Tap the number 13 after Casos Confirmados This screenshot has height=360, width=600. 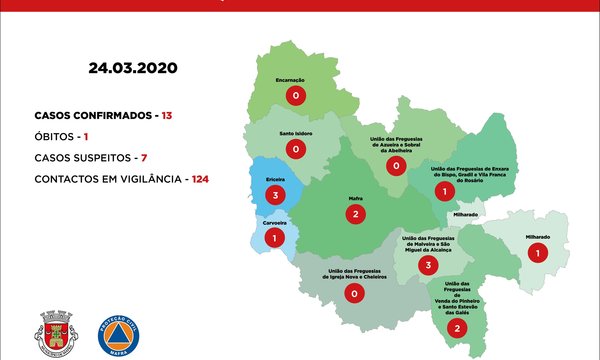(167, 116)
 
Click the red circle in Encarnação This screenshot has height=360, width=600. (295, 96)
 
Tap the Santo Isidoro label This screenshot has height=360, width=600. (295, 133)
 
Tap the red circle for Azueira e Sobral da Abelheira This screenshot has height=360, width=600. (397, 165)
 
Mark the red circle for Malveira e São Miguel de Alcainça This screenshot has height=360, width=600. (428, 265)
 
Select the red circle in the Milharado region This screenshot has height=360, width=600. (538, 253)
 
